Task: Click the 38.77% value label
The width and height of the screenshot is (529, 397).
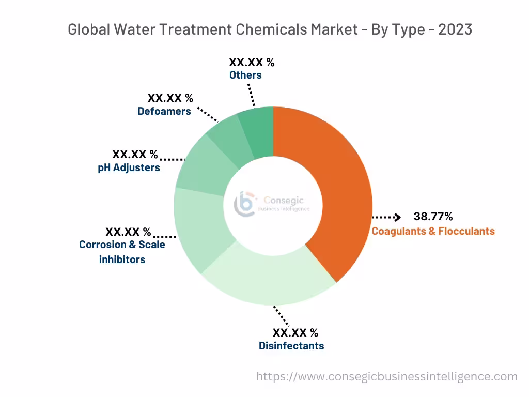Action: click(433, 216)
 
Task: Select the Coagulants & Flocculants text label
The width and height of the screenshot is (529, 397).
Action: click(433, 231)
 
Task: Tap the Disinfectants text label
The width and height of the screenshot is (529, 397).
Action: click(291, 346)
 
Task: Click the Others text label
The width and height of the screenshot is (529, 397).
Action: click(245, 75)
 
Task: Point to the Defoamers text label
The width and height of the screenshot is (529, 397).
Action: click(164, 111)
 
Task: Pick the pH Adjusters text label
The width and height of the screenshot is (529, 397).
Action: click(129, 167)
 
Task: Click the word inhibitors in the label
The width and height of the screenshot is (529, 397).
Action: click(122, 259)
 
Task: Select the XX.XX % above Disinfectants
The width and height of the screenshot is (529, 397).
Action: click(295, 332)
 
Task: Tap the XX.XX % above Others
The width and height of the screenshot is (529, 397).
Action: click(252, 63)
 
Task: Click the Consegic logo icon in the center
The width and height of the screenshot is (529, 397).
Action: click(244, 204)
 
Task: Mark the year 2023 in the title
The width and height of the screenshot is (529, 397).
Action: click(455, 29)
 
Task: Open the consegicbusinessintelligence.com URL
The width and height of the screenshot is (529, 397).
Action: click(386, 376)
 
